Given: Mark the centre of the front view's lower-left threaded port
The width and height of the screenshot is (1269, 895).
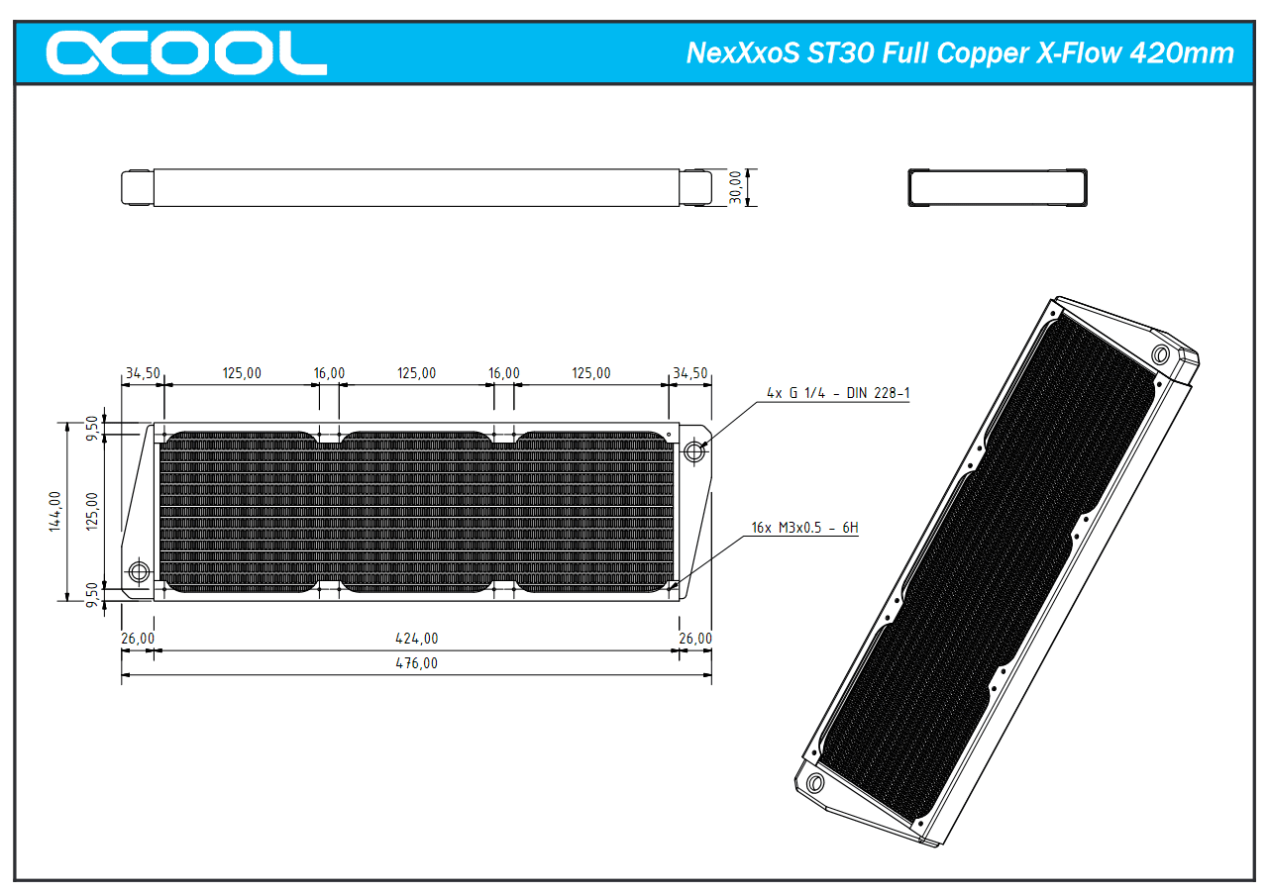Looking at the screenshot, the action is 139,572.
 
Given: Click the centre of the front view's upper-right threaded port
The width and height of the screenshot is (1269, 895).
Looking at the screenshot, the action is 694,451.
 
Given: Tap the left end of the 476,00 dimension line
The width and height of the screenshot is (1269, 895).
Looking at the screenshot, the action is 122,675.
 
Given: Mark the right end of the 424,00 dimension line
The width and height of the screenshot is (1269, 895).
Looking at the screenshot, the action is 680,650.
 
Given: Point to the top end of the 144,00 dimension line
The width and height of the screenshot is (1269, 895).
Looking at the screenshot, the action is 67,423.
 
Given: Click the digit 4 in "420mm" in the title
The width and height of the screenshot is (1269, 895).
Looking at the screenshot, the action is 1137,53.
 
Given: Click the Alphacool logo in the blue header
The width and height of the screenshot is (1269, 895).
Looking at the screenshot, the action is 186,52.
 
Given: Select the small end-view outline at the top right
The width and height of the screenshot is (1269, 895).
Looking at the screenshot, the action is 998,187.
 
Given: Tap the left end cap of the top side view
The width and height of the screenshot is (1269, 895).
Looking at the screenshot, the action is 138,187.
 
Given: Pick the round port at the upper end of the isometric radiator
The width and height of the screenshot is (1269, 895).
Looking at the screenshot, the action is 1161,355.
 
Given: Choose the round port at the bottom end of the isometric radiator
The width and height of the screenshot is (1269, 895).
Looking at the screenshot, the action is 814,783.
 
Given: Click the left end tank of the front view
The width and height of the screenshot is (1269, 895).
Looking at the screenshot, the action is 137,512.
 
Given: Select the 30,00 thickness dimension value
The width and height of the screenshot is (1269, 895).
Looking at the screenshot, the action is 735,187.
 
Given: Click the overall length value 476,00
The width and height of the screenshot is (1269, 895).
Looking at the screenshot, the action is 416,663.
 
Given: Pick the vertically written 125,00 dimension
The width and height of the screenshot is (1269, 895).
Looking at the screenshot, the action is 92,511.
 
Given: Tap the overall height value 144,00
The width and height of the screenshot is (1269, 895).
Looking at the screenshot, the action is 54,511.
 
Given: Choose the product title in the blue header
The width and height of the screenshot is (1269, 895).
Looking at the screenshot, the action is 960,53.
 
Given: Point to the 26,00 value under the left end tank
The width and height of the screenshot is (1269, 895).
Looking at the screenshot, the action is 138,638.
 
